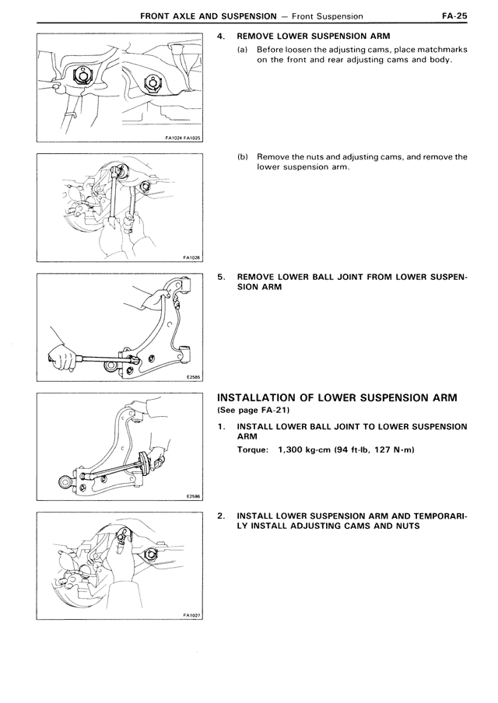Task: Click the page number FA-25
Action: pos(454,16)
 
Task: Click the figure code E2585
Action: pos(194,377)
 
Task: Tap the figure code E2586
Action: pos(194,496)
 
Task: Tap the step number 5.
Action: pos(220,277)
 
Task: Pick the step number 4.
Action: pos(220,36)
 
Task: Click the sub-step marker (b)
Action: pos(242,157)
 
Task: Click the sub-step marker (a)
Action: pos(242,49)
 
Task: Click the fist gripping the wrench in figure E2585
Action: pos(62,359)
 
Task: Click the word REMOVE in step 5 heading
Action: pos(254,277)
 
